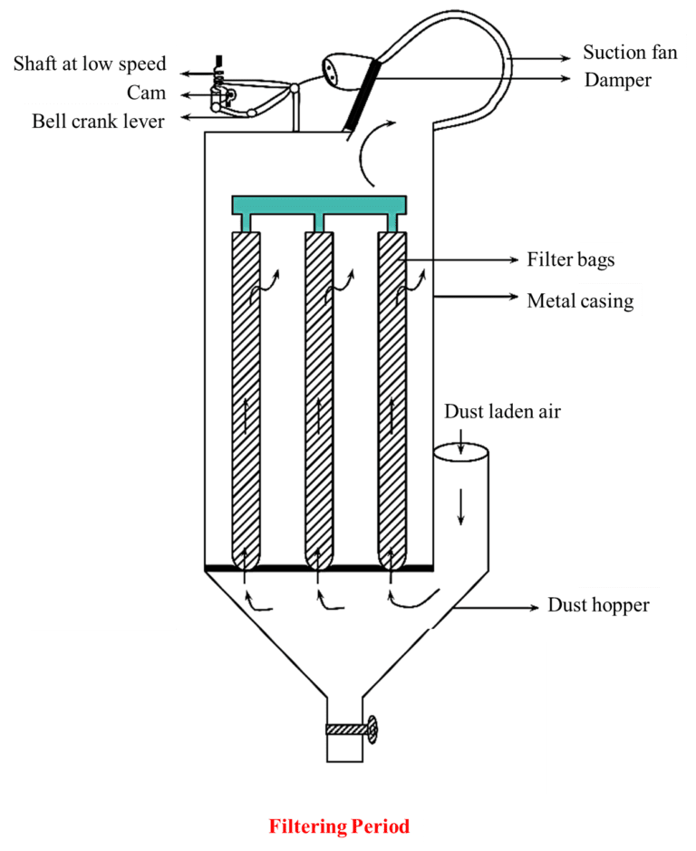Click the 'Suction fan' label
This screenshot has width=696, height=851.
coord(629,52)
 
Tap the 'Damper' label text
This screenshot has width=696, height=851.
coord(617,80)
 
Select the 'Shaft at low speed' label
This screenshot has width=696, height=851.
coord(90,64)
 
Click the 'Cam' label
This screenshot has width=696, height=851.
coord(147,93)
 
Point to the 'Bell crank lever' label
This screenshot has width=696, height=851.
coord(98,121)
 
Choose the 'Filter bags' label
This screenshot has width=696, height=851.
coord(571,259)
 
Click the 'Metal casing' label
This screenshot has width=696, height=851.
coord(580,299)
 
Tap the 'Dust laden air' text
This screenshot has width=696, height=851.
coord(502,412)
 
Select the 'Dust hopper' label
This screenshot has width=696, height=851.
coord(598,604)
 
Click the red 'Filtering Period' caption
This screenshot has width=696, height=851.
coord(339,827)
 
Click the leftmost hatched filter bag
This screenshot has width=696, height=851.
coord(246,399)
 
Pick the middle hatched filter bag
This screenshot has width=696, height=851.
coord(319,399)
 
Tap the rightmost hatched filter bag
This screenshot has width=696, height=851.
coord(391,399)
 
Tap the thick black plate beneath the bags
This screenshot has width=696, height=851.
coord(317,568)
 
